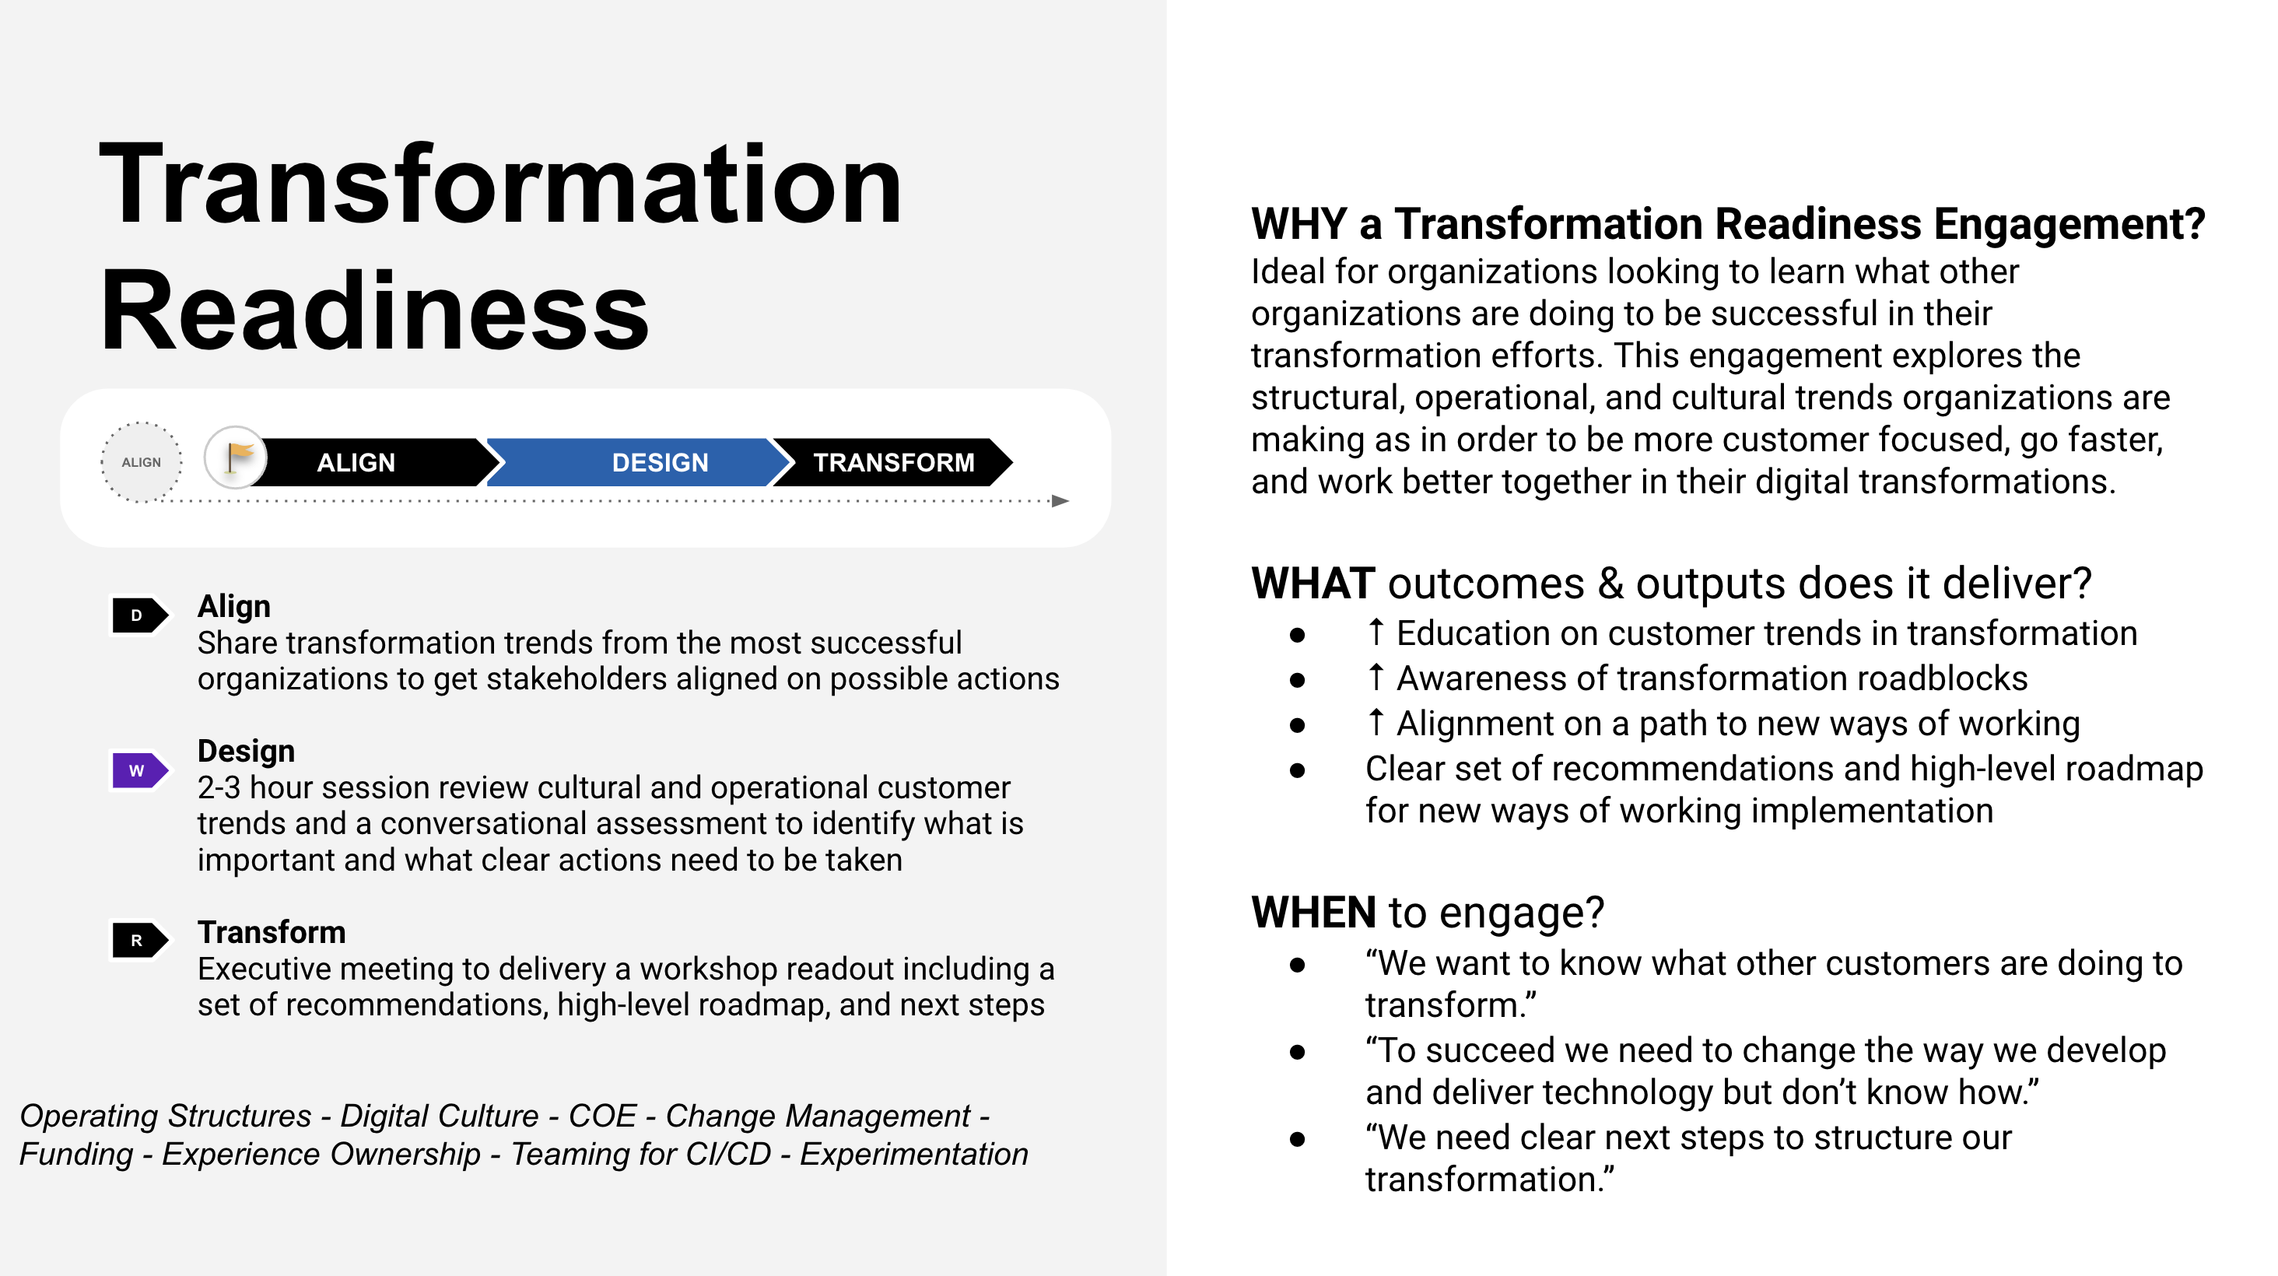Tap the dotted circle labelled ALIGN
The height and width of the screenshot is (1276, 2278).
[x=142, y=462]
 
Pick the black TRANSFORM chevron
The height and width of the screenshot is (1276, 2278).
[x=893, y=462]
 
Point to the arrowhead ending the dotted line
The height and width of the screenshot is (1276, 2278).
[x=1060, y=501]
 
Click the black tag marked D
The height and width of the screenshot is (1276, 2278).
[x=138, y=615]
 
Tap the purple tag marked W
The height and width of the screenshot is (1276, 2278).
[x=138, y=770]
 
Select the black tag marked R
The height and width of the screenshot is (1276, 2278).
[x=138, y=940]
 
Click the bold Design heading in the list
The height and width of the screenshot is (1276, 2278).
[x=246, y=751]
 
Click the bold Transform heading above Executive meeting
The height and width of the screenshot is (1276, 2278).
[x=272, y=932]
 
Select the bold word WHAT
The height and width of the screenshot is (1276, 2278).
[x=1312, y=584]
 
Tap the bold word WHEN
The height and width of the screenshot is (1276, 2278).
[x=1313, y=913]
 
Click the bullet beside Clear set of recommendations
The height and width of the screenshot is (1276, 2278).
[x=1297, y=770]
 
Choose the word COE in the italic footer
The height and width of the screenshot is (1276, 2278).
[x=601, y=1116]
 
